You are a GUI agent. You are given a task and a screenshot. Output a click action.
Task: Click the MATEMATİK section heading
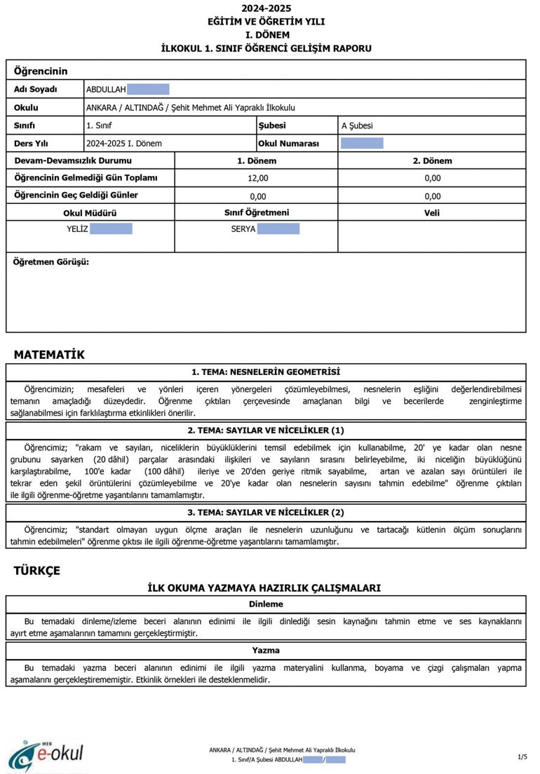[x=49, y=355]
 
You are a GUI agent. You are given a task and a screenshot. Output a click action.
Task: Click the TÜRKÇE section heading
[x=37, y=570]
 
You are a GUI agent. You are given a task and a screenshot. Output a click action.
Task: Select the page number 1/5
[x=522, y=757]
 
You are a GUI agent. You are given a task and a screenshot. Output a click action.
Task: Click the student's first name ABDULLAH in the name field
[x=106, y=90]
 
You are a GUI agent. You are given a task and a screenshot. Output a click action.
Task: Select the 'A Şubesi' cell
[x=357, y=126]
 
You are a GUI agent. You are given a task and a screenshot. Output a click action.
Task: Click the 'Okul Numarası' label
[x=289, y=144]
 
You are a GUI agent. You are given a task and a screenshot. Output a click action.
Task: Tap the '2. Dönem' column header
[x=432, y=161]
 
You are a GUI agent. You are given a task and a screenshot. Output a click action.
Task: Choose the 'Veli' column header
[x=432, y=213]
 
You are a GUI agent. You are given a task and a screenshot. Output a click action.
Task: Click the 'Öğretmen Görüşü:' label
[x=52, y=262]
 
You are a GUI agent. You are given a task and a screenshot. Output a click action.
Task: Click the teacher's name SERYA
[x=243, y=229]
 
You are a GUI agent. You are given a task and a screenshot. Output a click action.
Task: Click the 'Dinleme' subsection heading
[x=266, y=604]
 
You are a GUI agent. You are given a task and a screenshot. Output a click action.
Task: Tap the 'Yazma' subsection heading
[x=266, y=651]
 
